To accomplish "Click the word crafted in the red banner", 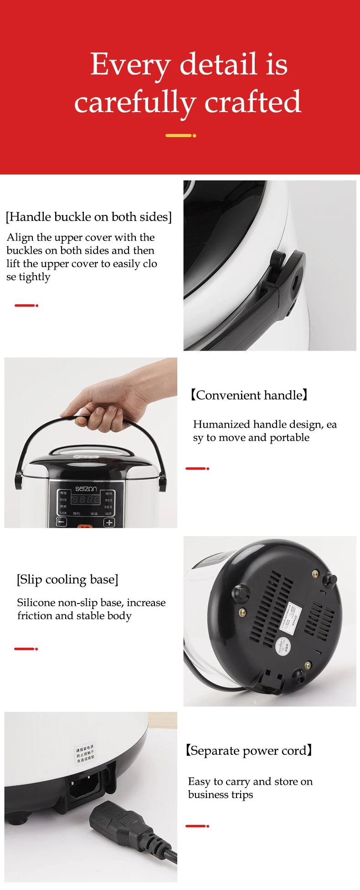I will click(252, 102).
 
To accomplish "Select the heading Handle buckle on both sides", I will click(88, 217).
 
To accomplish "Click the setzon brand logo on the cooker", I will click(86, 488).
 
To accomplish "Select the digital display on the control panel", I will click(85, 500).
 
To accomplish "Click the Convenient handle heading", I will click(249, 395).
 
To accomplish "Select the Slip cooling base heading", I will click(67, 579).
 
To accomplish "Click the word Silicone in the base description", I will click(36, 603).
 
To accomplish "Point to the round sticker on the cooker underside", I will click(282, 645).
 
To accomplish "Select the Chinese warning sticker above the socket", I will click(85, 753).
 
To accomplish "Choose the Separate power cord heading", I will click(249, 750).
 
